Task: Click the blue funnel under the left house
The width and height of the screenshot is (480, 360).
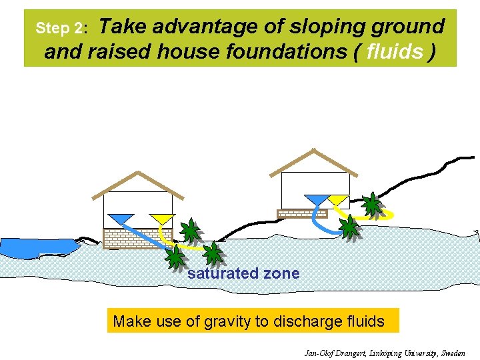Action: click(x=121, y=219)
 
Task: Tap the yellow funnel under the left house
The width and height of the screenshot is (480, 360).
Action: click(x=161, y=219)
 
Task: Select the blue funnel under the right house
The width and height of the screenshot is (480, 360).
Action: click(x=315, y=199)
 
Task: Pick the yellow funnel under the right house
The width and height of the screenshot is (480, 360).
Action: click(x=338, y=199)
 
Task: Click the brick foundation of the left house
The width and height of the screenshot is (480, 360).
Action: click(x=137, y=237)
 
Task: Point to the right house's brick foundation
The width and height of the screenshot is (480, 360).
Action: click(x=302, y=213)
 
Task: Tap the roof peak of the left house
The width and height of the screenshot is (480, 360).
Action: click(x=137, y=173)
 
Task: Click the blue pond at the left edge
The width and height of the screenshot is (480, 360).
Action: click(x=33, y=247)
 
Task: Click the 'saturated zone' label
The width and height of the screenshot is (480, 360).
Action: click(x=243, y=273)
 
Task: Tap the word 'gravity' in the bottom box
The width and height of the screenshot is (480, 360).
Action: click(x=224, y=321)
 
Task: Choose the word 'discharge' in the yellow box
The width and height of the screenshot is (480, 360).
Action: click(x=294, y=321)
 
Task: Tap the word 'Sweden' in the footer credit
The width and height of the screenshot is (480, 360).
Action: click(x=453, y=353)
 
